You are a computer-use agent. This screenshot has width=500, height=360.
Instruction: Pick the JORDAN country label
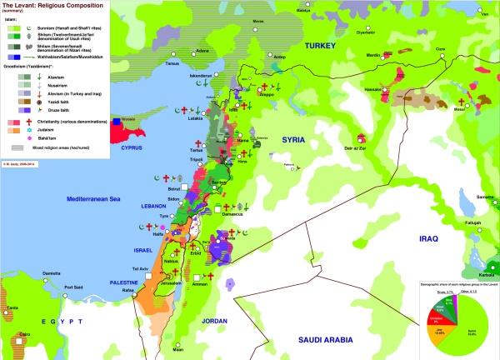click(x=215, y=321)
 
